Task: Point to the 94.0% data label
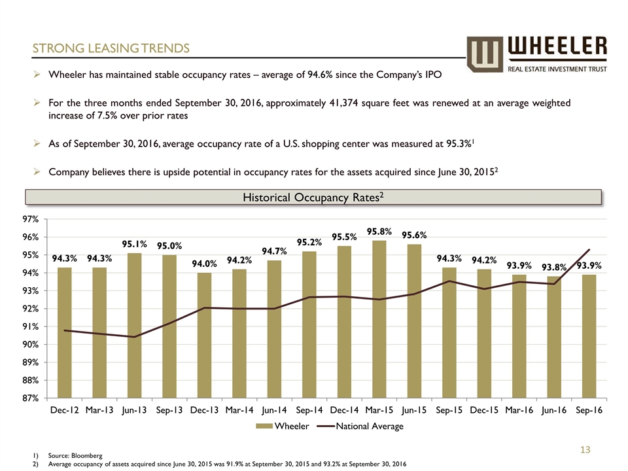point(205,264)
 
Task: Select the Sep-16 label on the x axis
point(589,410)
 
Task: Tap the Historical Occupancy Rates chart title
point(312,197)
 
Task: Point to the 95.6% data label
point(415,235)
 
